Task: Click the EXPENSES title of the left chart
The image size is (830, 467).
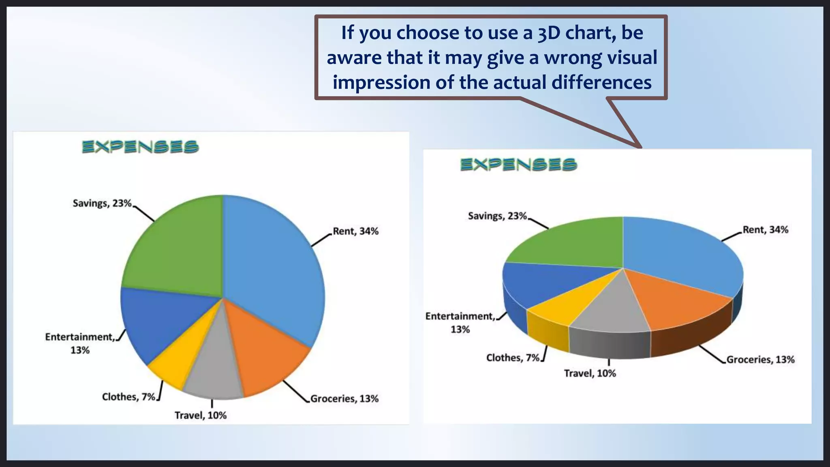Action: tap(140, 147)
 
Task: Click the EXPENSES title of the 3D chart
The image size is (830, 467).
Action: tap(519, 165)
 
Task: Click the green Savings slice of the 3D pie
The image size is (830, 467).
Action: tap(575, 243)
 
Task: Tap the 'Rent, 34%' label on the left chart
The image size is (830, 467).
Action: tap(355, 231)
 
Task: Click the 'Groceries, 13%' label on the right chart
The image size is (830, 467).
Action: tap(760, 360)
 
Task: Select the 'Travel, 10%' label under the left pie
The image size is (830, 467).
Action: tap(201, 416)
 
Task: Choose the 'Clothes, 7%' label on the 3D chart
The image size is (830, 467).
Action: tap(513, 358)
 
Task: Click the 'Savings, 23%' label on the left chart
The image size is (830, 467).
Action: tap(102, 203)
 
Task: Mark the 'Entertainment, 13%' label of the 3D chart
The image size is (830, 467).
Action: tap(460, 323)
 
